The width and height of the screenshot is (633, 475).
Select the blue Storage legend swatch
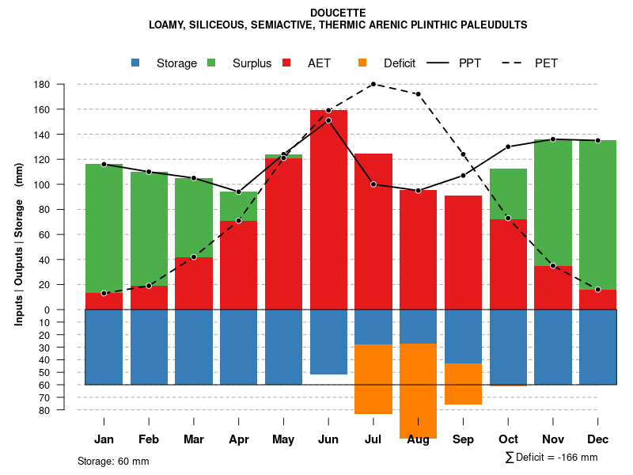point(136,63)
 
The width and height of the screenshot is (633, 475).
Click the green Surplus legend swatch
point(212,63)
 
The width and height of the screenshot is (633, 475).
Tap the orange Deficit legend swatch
point(363,63)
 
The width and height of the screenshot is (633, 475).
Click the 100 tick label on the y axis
point(43,185)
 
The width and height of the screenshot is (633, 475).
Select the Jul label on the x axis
point(373,439)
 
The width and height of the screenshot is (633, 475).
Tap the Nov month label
point(553,439)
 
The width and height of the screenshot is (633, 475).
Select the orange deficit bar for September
point(463,384)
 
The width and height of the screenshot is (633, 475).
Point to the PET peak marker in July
point(373,84)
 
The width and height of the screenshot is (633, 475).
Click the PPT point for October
point(508,146)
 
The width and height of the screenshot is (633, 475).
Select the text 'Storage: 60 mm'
point(113,461)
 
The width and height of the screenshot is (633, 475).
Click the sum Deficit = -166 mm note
point(551,457)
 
